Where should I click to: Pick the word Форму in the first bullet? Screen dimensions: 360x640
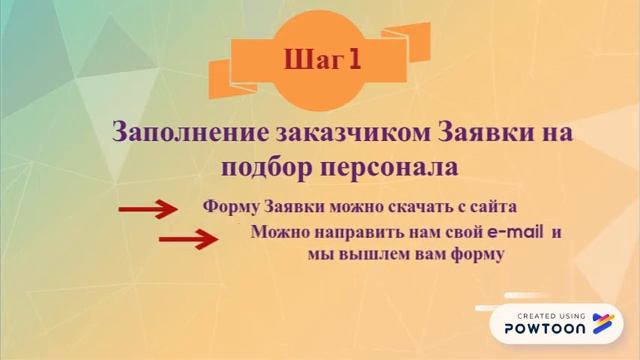pyautogui.click(x=231, y=207)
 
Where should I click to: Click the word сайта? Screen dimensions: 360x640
pyautogui.click(x=492, y=207)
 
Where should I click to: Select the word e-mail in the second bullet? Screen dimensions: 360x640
pyautogui.click(x=516, y=233)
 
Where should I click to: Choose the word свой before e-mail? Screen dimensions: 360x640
pyautogui.click(x=461, y=233)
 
